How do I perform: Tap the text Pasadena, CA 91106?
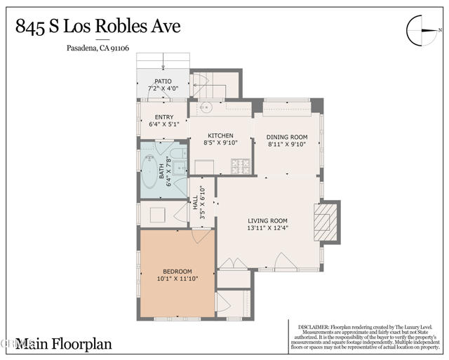point(98,48)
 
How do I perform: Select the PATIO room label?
point(162,81)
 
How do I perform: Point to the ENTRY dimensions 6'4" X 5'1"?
point(165,124)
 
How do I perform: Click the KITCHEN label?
point(221,135)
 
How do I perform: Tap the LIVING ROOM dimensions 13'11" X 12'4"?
point(268,227)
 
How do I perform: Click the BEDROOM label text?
point(177,271)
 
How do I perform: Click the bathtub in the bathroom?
point(149,172)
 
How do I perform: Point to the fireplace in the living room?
point(323,222)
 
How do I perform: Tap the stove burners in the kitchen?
point(241,166)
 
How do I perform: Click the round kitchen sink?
point(207,108)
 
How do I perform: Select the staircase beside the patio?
point(208,88)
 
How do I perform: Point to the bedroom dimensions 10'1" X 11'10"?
point(177,279)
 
